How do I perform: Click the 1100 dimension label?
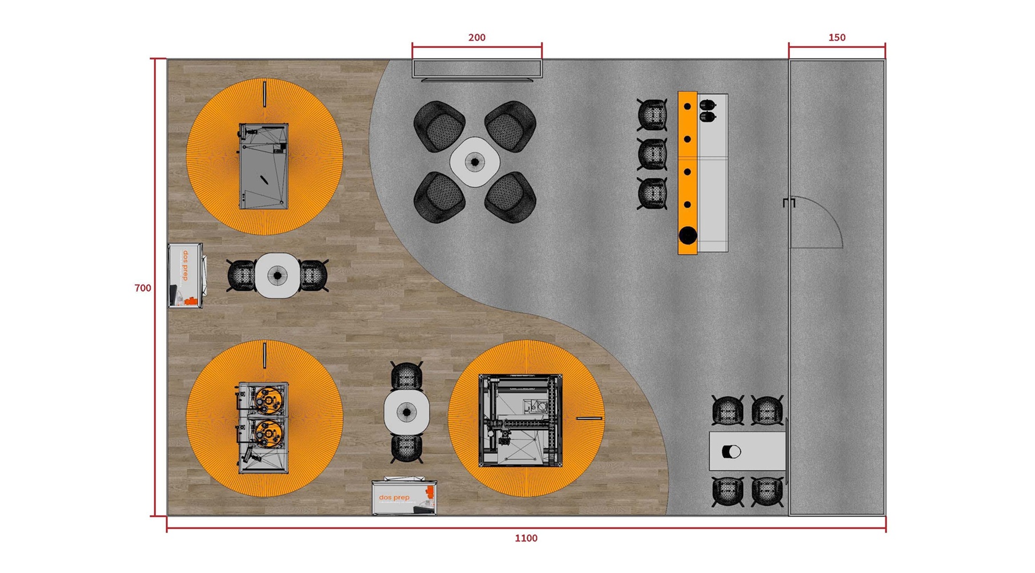pyautogui.click(x=525, y=538)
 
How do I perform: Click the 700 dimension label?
pyautogui.click(x=143, y=288)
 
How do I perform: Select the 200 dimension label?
pyautogui.click(x=476, y=38)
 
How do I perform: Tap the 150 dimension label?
pyautogui.click(x=836, y=38)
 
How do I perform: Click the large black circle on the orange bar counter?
pyautogui.click(x=688, y=235)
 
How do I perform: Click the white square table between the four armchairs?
pyautogui.click(x=475, y=162)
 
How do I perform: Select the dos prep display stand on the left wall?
pyautogui.click(x=186, y=276)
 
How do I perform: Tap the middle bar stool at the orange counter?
pyautogui.click(x=652, y=154)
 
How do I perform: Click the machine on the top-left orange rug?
pyautogui.click(x=263, y=166)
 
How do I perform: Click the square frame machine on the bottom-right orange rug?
pyautogui.click(x=520, y=420)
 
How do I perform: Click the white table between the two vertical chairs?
pyautogui.click(x=407, y=411)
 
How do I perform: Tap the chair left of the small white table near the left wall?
pyautogui.click(x=242, y=275)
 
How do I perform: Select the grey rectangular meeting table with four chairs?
pyautogui.click(x=747, y=451)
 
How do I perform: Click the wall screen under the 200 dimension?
pyautogui.click(x=477, y=69)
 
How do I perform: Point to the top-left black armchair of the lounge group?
pyautogui.click(x=439, y=125)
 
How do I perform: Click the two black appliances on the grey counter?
pyautogui.click(x=707, y=111)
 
